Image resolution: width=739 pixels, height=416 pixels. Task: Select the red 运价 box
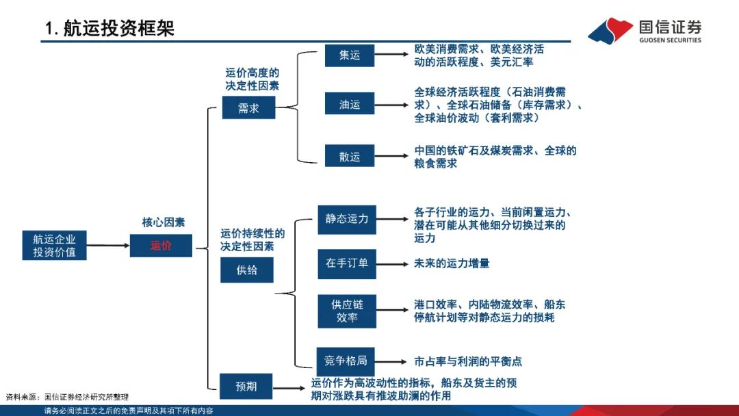(161, 246)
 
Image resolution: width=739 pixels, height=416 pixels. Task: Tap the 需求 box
(248, 108)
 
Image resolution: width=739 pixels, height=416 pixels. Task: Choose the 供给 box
(246, 270)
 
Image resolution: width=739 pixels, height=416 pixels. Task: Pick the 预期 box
(246, 386)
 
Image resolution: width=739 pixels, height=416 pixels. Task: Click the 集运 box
(350, 55)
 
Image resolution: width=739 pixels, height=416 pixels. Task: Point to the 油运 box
(350, 105)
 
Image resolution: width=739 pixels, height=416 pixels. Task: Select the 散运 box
(350, 157)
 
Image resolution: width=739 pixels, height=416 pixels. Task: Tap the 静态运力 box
(347, 219)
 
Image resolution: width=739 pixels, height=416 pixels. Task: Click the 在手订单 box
(347, 263)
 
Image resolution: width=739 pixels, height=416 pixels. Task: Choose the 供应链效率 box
(347, 311)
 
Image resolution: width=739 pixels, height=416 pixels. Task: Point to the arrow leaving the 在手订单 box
(393, 264)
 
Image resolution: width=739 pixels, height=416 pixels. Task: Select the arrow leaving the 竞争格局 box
(393, 361)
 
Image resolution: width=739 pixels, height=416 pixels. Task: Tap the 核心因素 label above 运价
(163, 222)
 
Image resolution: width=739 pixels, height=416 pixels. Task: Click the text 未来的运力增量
(452, 263)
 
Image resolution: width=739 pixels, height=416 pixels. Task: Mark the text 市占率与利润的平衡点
(468, 361)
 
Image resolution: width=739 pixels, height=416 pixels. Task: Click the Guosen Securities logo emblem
(610, 31)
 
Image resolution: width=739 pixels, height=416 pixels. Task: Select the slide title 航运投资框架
(109, 28)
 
